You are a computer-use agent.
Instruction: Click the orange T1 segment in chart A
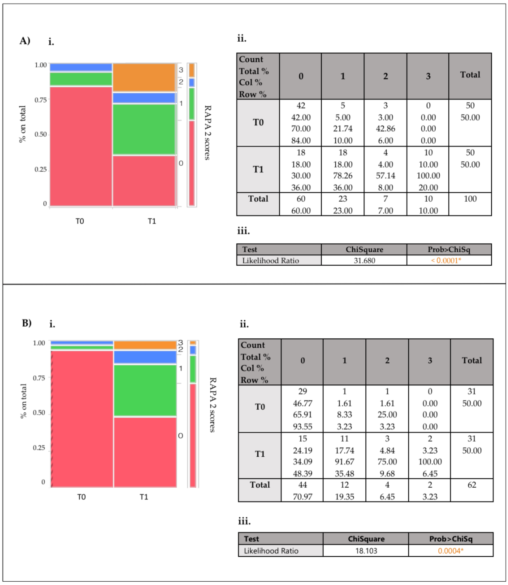[144, 77]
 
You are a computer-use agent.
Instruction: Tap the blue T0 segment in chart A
[81, 67]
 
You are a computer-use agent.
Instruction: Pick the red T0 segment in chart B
[82, 419]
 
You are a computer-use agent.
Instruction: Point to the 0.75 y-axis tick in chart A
[41, 100]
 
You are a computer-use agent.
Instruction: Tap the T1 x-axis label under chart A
[152, 221]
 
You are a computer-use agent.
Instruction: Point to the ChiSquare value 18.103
[366, 551]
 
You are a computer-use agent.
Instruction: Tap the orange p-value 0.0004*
[450, 551]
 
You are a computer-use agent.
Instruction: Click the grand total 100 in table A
[470, 199]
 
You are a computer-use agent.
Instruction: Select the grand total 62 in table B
[472, 485]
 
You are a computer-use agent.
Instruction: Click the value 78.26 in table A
[343, 176]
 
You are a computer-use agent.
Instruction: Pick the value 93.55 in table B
[302, 427]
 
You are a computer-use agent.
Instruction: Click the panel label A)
[25, 41]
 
